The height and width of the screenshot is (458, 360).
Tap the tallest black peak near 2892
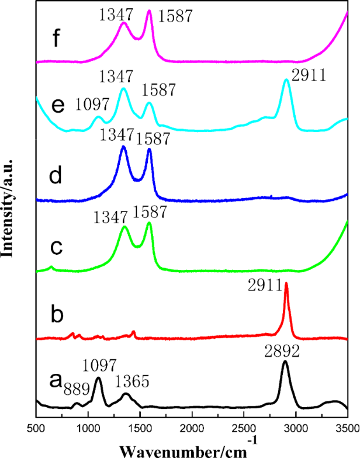point(285,362)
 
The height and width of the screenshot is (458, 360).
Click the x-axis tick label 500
point(37,428)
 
